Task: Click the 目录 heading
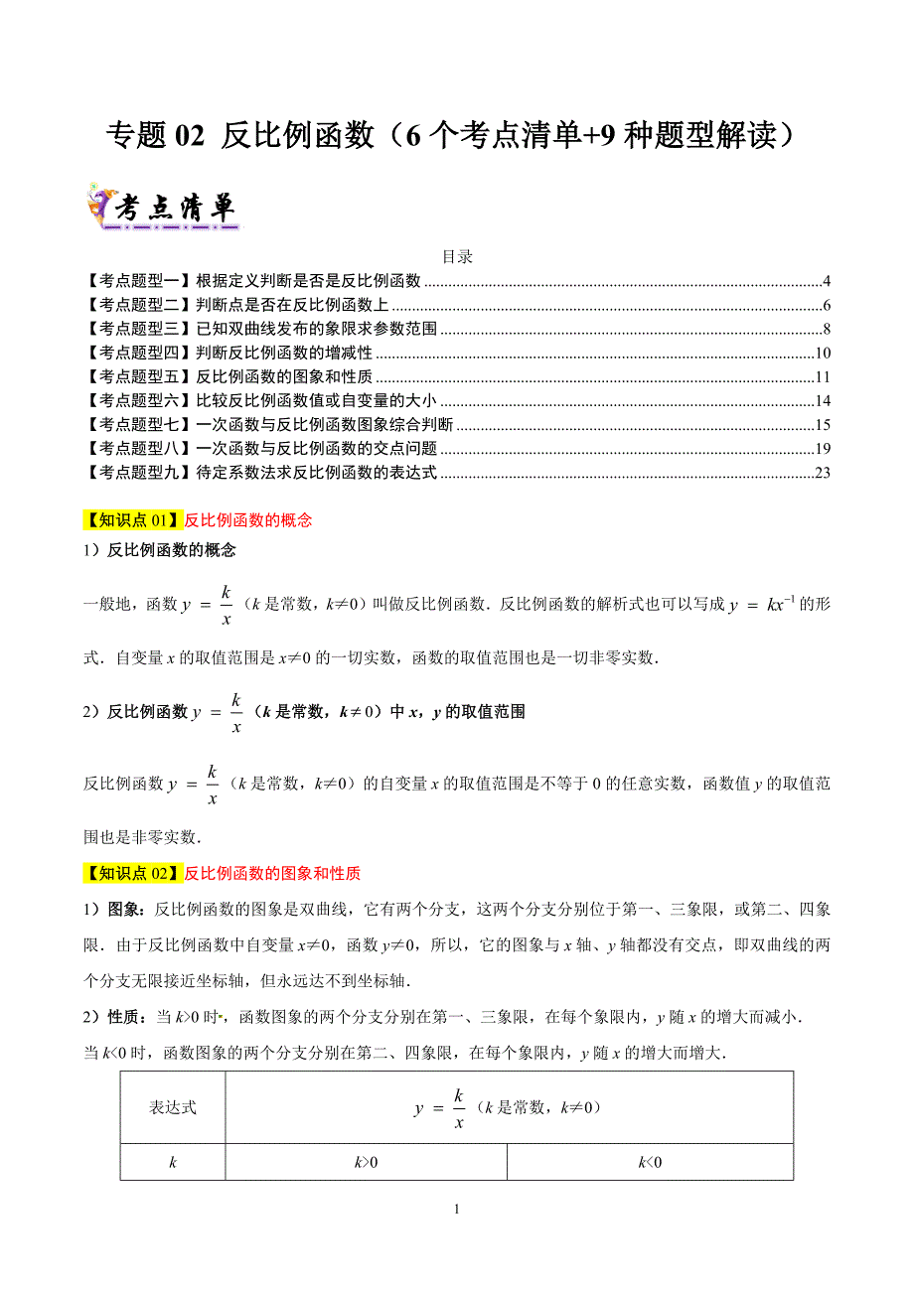pos(457,256)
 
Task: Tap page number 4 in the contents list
pos(826,281)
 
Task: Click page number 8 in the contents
pos(826,329)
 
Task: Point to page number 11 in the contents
pos(822,377)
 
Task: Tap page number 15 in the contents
pos(822,425)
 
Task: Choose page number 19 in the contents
pos(822,449)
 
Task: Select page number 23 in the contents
pos(822,473)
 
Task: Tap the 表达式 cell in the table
pos(173,1107)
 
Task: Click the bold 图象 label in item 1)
pos(123,909)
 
